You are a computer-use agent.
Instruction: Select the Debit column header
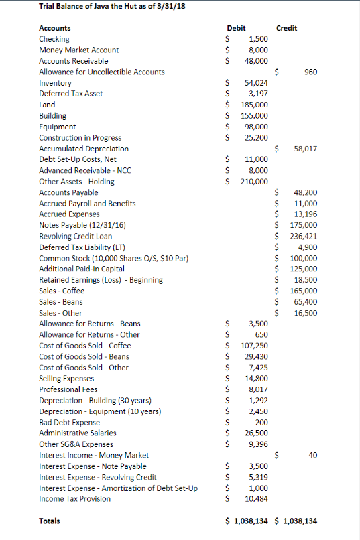pyautogui.click(x=236, y=28)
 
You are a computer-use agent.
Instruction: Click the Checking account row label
pyautogui.click(x=54, y=39)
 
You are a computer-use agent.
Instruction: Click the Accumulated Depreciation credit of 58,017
pyautogui.click(x=305, y=149)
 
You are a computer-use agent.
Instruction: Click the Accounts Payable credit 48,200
pyautogui.click(x=305, y=192)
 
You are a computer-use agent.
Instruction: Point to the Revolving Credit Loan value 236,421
pyautogui.click(x=303, y=236)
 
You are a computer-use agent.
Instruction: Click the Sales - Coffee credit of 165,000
pyautogui.click(x=303, y=291)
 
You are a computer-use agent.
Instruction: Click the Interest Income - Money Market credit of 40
pyautogui.click(x=312, y=455)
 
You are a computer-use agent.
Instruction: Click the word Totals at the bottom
pyautogui.click(x=50, y=521)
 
